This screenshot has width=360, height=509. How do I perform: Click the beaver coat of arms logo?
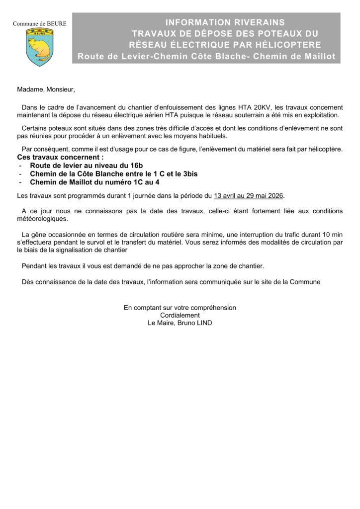(x=40, y=47)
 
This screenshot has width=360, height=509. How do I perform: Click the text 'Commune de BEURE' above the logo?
(x=39, y=23)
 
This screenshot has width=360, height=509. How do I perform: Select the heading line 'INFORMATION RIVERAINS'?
(x=225, y=22)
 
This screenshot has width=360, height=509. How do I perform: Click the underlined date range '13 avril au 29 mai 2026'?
(x=248, y=196)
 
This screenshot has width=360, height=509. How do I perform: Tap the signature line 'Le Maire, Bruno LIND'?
(x=180, y=323)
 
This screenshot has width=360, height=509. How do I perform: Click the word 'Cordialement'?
(x=180, y=315)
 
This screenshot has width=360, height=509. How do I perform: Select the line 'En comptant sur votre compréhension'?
(x=180, y=308)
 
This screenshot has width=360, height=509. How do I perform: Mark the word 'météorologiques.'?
(x=43, y=219)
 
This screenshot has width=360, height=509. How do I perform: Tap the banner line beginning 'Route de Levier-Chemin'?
(x=206, y=57)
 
